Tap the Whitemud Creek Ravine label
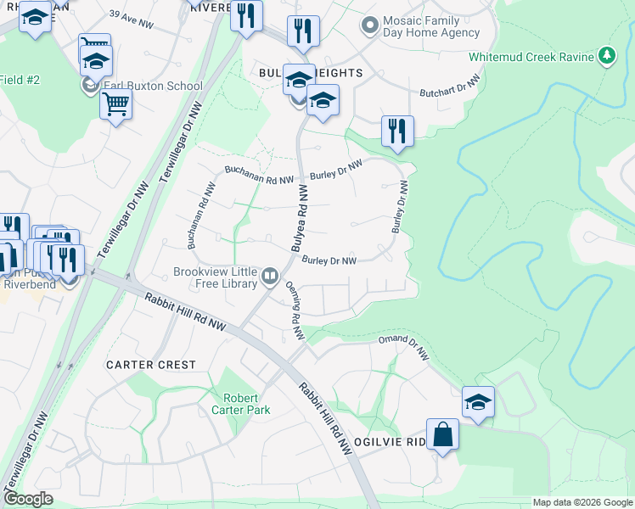531,58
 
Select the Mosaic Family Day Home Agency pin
368,25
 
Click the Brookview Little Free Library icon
270,275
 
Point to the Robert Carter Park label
246,404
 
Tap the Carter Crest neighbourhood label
150,365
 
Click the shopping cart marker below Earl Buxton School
115,105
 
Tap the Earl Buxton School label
153,86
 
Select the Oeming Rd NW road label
295,311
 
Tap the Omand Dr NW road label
404,349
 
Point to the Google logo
29,499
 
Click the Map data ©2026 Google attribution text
582,502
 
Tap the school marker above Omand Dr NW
478,401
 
